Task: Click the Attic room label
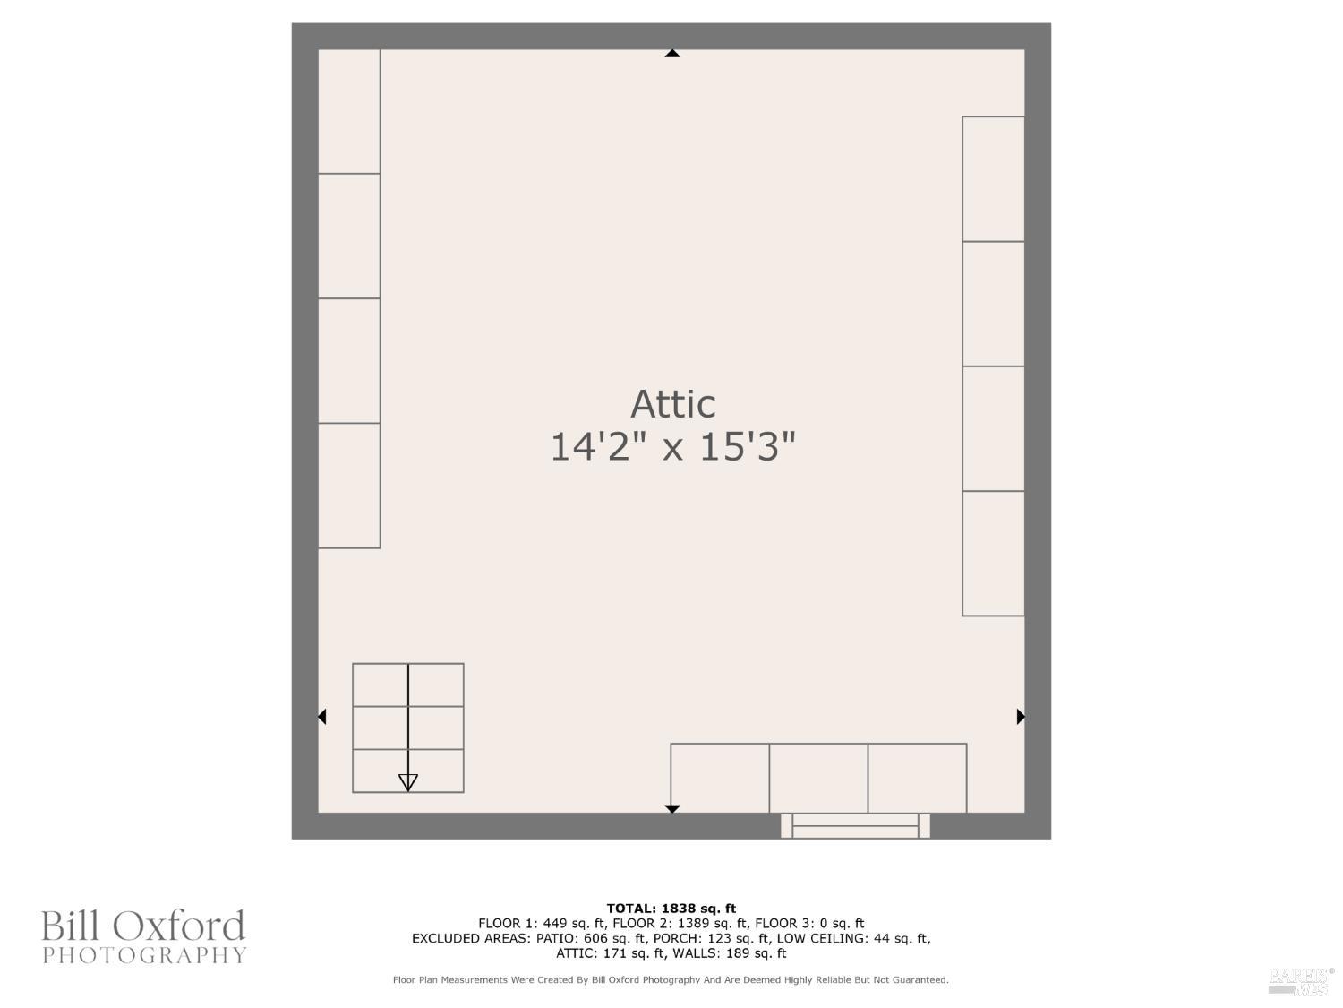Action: [672, 405]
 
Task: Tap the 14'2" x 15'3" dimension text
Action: [672, 446]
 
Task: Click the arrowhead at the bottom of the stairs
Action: [408, 782]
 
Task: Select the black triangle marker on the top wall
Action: [672, 53]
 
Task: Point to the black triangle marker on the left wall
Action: [321, 716]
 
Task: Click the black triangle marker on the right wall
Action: [1021, 716]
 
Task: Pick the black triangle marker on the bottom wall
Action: [672, 809]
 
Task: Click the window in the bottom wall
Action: [855, 825]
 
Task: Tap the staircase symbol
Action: [408, 728]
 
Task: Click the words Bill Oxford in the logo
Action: [143, 926]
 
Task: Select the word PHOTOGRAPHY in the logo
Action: [144, 955]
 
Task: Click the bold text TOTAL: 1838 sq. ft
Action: [671, 909]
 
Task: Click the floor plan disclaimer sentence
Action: [671, 980]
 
